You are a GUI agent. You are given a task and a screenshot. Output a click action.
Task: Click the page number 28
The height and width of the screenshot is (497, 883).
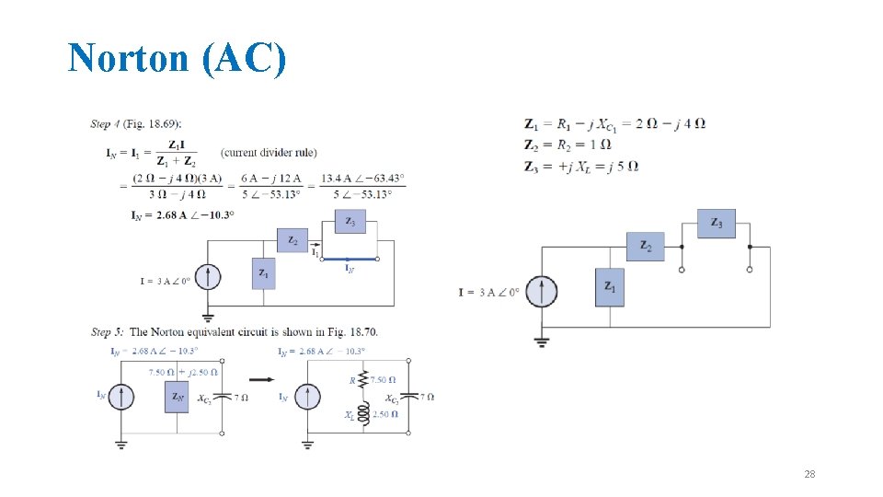click(x=809, y=474)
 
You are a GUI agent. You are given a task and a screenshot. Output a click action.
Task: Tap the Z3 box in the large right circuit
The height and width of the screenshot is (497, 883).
click(x=716, y=224)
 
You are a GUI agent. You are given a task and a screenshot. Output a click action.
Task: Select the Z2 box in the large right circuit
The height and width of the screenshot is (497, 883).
click(x=646, y=247)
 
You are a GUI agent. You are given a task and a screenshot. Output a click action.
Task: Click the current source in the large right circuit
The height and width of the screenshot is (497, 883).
click(x=543, y=292)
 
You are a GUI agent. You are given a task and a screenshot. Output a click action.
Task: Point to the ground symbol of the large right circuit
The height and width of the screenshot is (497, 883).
click(x=543, y=342)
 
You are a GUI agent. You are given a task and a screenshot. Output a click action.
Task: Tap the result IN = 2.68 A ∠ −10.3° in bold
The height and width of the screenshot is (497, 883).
click(x=182, y=214)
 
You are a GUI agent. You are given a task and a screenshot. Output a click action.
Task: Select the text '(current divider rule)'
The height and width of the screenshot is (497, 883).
click(x=258, y=152)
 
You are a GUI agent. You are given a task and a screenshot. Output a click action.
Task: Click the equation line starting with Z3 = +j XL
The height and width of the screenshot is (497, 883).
click(x=581, y=167)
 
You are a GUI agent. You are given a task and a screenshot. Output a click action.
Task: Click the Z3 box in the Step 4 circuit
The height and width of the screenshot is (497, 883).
click(x=350, y=221)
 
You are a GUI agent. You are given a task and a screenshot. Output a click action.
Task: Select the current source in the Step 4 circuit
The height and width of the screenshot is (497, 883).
click(x=208, y=276)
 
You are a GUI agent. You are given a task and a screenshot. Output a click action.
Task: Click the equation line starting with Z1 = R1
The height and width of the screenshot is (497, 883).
click(x=614, y=123)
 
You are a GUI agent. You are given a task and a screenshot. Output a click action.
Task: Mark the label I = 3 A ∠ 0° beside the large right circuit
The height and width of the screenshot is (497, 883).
click(x=489, y=293)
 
